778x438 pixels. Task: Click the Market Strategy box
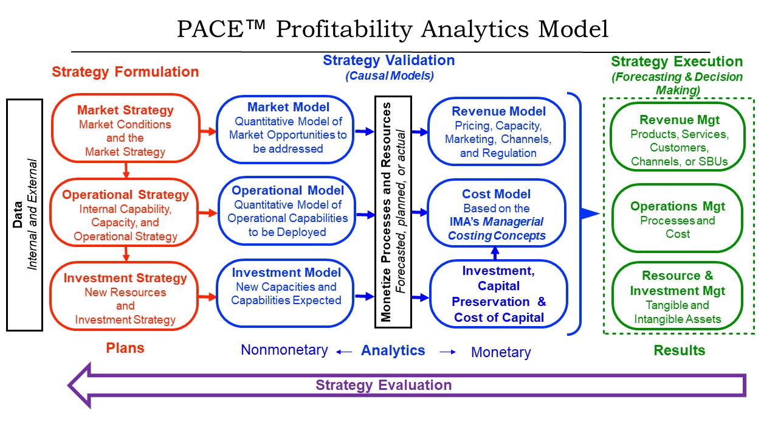point(125,129)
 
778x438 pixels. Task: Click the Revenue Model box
point(498,131)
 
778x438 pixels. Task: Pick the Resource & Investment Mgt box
point(678,297)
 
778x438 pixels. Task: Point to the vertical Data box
point(24,215)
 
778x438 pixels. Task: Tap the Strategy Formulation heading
point(125,72)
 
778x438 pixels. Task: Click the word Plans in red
point(125,348)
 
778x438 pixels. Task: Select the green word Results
point(680,350)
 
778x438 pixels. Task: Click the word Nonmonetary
point(284,350)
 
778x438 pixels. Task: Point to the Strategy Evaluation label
point(384,385)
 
